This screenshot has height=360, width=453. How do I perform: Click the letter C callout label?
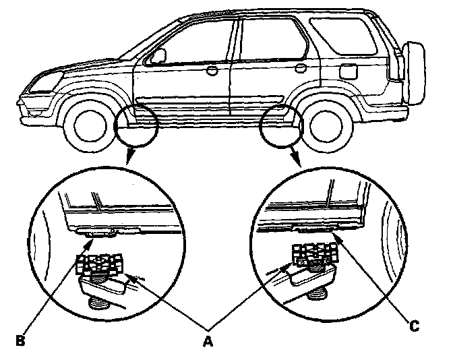point(415,328)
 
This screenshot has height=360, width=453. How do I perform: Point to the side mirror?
point(158,55)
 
